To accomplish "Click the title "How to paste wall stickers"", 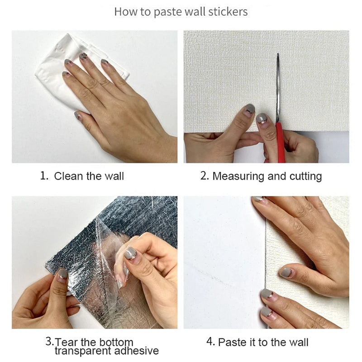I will (181, 11).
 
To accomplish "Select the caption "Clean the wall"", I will (89, 176).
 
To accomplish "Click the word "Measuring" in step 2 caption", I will (238, 176).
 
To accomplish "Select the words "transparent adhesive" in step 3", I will (107, 351).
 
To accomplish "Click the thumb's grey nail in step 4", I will (286, 272).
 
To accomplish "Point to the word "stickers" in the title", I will (228, 11).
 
